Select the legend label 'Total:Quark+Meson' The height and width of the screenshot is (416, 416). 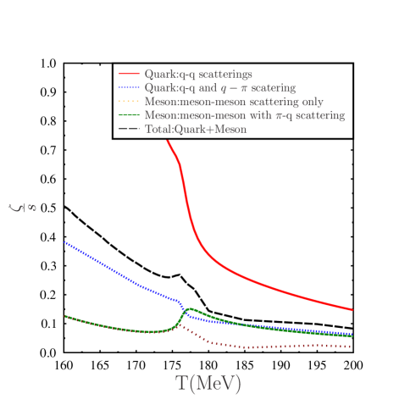point(195,129)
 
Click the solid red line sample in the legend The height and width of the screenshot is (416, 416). point(129,75)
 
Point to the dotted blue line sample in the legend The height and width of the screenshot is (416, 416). point(129,88)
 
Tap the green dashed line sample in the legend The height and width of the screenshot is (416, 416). point(129,115)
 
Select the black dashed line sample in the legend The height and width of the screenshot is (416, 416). point(129,129)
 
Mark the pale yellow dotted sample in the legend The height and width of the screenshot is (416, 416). point(129,102)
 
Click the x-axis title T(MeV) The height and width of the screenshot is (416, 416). point(208,383)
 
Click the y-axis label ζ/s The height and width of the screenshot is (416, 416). point(23,205)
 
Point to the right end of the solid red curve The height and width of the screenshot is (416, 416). point(352,310)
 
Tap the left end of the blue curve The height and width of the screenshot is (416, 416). point(65,242)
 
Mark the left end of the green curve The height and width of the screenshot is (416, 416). point(65,316)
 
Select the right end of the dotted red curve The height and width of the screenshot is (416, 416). point(352,347)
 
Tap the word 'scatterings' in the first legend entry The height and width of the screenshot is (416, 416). point(224,75)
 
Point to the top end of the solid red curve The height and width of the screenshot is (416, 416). point(167,139)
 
